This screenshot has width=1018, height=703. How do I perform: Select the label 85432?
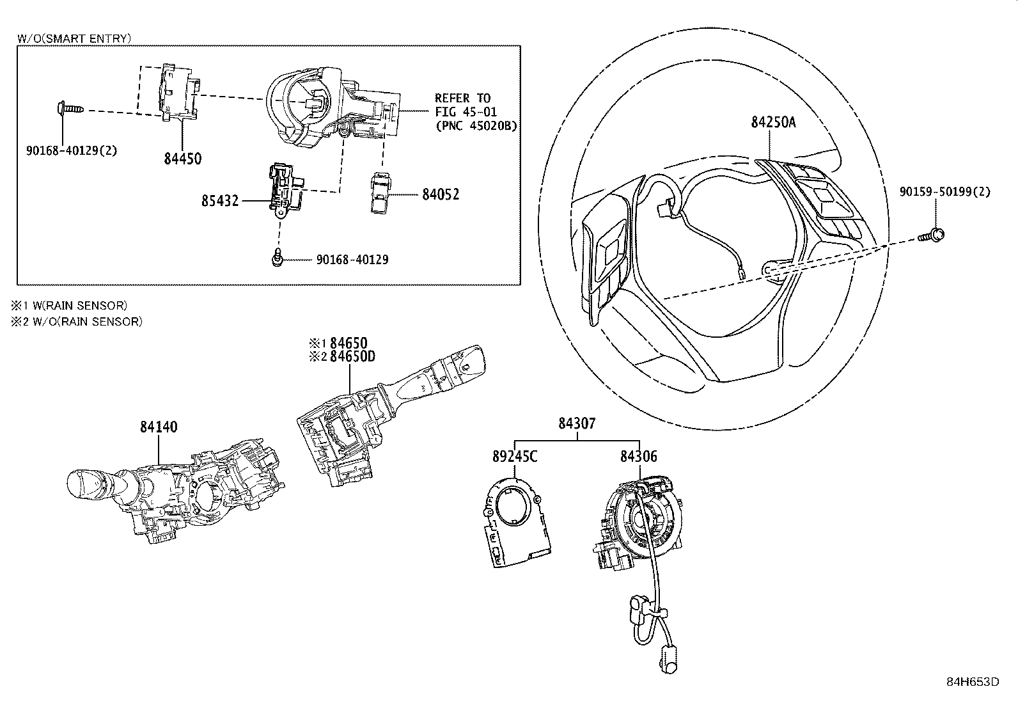220,201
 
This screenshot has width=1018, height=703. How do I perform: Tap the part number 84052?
441,194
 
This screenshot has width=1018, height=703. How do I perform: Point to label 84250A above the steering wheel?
773,122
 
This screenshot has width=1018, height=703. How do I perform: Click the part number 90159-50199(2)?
944,191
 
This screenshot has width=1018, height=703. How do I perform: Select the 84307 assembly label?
577,423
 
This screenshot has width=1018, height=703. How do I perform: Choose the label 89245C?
515,457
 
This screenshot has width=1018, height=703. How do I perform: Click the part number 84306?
638,457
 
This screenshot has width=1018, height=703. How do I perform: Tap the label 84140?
159,427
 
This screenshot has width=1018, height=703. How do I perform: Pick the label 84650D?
352,356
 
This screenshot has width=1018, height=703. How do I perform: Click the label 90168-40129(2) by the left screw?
72,151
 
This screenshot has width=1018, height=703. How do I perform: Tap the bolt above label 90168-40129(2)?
68,109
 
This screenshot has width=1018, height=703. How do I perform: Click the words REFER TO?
462,98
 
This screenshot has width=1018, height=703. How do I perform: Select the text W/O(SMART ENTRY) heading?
74,38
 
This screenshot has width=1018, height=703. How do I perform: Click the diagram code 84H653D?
972,681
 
